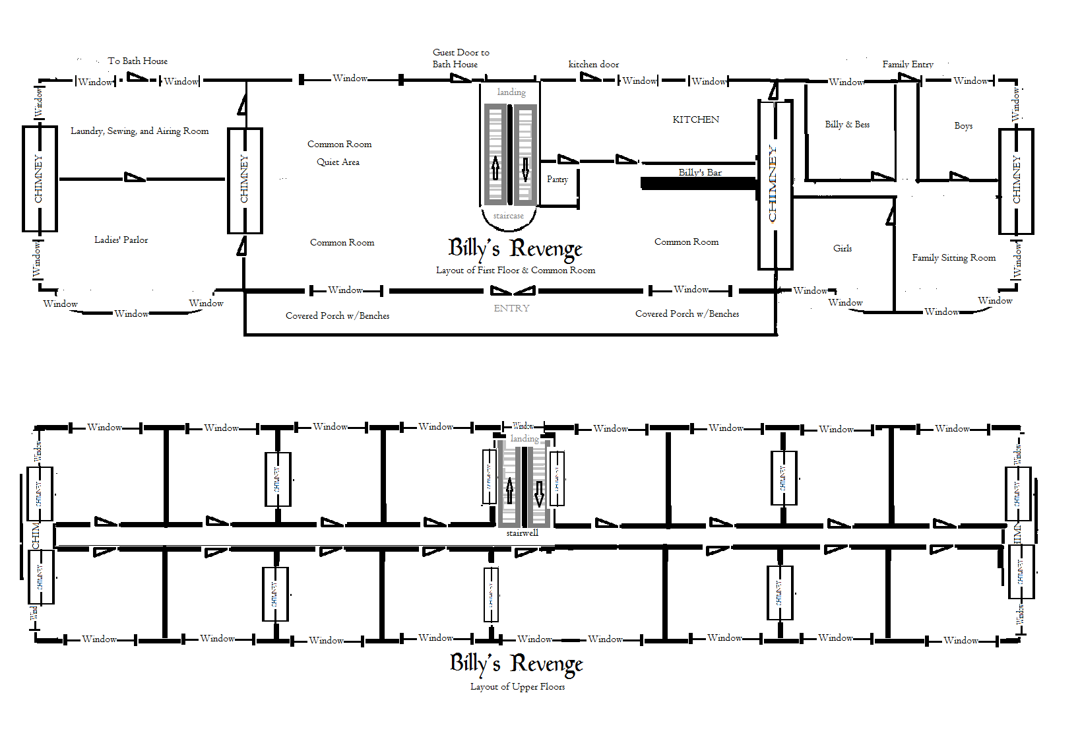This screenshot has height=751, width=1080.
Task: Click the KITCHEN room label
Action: click(x=695, y=119)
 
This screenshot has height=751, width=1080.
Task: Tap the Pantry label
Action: click(x=557, y=180)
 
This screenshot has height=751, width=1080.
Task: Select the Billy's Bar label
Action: click(x=699, y=172)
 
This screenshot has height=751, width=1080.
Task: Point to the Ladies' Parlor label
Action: click(x=121, y=240)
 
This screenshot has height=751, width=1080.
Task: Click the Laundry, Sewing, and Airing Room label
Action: click(x=139, y=131)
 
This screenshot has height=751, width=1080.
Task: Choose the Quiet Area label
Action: click(x=338, y=162)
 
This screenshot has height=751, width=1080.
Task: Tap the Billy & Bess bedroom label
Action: click(x=846, y=124)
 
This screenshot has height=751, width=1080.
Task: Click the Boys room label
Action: click(x=963, y=125)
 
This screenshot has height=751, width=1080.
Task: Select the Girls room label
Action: click(x=842, y=248)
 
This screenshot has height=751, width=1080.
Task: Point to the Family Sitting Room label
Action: click(x=953, y=257)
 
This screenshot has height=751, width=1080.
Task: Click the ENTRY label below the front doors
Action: click(x=511, y=308)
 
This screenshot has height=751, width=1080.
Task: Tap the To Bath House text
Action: click(x=137, y=61)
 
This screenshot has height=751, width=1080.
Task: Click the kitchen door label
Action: click(x=593, y=64)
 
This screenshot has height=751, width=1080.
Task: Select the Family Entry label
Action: click(x=907, y=64)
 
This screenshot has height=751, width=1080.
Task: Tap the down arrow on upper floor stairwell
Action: click(x=539, y=493)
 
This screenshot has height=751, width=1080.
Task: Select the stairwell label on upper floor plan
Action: click(x=522, y=533)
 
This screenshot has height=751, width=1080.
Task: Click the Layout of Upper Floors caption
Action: click(x=517, y=686)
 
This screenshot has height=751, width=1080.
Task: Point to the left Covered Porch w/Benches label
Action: click(x=337, y=315)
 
